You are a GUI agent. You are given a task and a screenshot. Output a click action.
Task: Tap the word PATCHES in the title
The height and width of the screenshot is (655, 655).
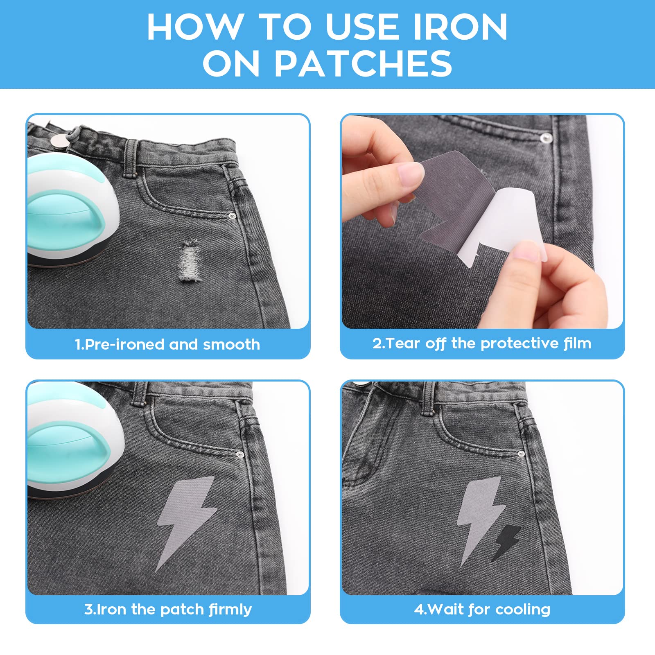(x=363, y=63)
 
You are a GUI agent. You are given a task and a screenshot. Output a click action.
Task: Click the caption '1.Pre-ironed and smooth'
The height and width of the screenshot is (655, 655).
(x=167, y=344)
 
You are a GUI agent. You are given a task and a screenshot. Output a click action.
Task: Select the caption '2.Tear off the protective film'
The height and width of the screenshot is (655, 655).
(x=482, y=343)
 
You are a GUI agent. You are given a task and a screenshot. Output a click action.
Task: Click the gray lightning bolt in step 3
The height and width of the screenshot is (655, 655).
(x=186, y=520)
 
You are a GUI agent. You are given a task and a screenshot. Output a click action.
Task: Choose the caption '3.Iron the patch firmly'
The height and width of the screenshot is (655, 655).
(x=168, y=609)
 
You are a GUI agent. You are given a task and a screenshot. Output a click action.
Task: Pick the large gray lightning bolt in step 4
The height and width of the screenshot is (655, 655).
(x=479, y=516)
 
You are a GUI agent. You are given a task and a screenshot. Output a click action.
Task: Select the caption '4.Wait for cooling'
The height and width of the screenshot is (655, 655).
(x=482, y=609)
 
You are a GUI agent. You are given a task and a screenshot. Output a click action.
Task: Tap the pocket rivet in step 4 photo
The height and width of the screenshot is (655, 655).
(x=521, y=454)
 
